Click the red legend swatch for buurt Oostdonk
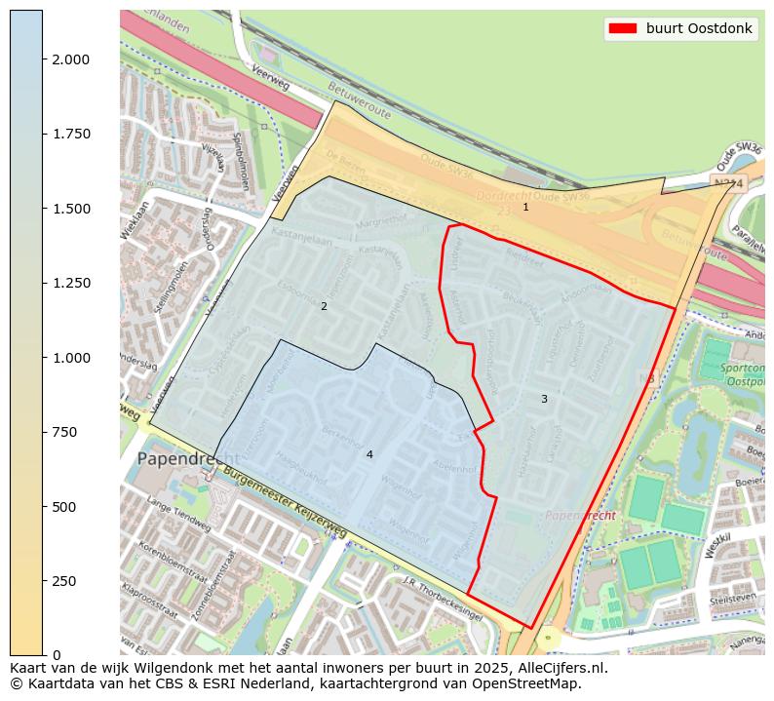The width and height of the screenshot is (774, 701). click(622, 28)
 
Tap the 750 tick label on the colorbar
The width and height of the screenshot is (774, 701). click(64, 432)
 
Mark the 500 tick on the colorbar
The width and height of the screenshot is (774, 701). click(64, 507)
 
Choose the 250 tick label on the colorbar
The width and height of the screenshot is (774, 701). click(64, 581)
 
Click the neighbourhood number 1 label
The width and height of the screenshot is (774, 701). click(525, 207)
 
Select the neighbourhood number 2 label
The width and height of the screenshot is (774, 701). click(324, 306)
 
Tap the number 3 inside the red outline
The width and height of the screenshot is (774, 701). click(544, 399)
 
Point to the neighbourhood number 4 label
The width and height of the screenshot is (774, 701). click(369, 454)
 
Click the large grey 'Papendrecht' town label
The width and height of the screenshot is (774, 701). click(187, 458)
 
